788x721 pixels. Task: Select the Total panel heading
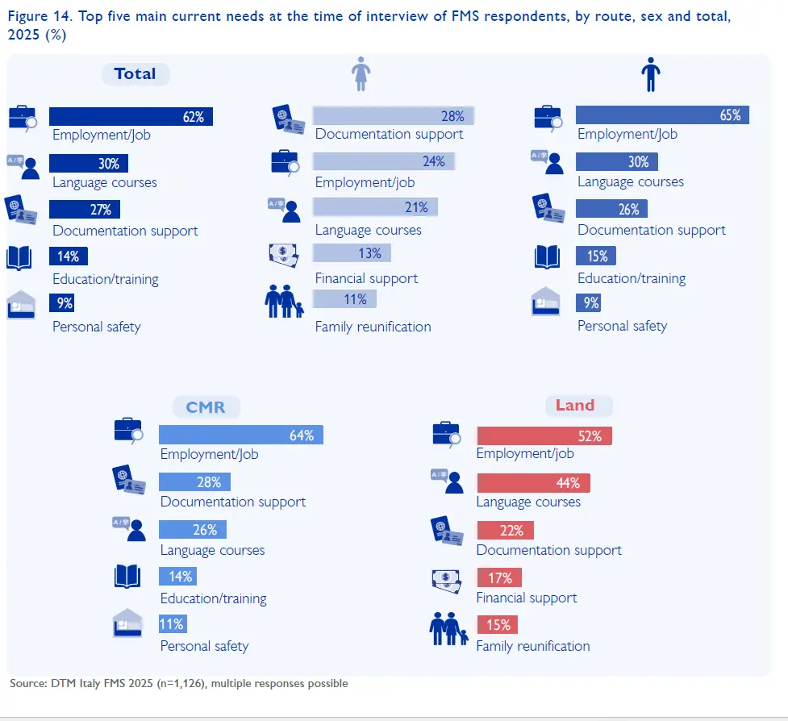pyautogui.click(x=135, y=74)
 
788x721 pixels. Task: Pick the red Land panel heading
pyautogui.click(x=574, y=405)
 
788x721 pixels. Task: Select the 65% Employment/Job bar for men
pyautogui.click(x=662, y=115)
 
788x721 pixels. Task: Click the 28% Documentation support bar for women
pyautogui.click(x=393, y=115)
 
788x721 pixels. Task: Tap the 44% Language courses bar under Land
pyautogui.click(x=533, y=483)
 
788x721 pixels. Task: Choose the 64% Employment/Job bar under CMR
pyautogui.click(x=240, y=435)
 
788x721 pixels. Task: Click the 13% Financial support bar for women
pyautogui.click(x=352, y=253)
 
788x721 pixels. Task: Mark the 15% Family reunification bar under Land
pyautogui.click(x=497, y=624)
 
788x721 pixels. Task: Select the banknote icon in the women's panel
pyautogui.click(x=289, y=254)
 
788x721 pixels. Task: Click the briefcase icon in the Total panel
pyautogui.click(x=23, y=118)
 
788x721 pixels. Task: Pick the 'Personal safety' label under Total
pyautogui.click(x=97, y=327)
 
